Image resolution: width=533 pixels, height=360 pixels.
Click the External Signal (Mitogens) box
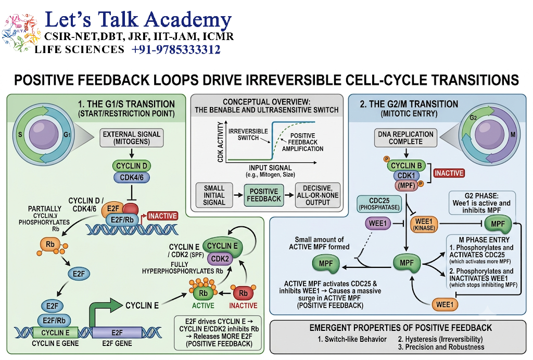[x=132, y=137]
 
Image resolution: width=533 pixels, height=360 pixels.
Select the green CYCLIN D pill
[x=132, y=166]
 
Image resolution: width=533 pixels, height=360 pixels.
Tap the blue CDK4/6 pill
[x=132, y=177]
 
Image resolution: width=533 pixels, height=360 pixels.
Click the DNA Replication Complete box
[x=405, y=137]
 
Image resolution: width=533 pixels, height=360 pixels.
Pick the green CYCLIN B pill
[x=406, y=166]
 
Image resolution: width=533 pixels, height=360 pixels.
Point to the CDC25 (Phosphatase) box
[x=379, y=204]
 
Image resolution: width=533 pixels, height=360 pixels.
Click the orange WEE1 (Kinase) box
[x=424, y=225]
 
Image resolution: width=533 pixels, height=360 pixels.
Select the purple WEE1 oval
[x=378, y=224]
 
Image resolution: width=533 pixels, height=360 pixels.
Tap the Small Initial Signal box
[x=214, y=195]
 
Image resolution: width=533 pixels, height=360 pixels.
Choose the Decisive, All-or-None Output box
[x=318, y=195]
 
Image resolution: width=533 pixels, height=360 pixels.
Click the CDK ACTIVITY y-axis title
[x=220, y=142]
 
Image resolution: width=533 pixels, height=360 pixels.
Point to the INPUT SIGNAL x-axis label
[x=270, y=168]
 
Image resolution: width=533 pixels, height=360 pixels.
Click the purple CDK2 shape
[x=220, y=259]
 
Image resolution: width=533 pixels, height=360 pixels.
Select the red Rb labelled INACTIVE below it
[x=243, y=292]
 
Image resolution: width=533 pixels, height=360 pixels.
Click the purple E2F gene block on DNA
[x=117, y=332]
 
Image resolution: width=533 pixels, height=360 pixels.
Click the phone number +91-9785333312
[x=176, y=49]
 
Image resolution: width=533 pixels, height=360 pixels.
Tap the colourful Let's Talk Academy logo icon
[x=21, y=32]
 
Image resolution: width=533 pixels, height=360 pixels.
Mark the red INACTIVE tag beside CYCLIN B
[x=449, y=173]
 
